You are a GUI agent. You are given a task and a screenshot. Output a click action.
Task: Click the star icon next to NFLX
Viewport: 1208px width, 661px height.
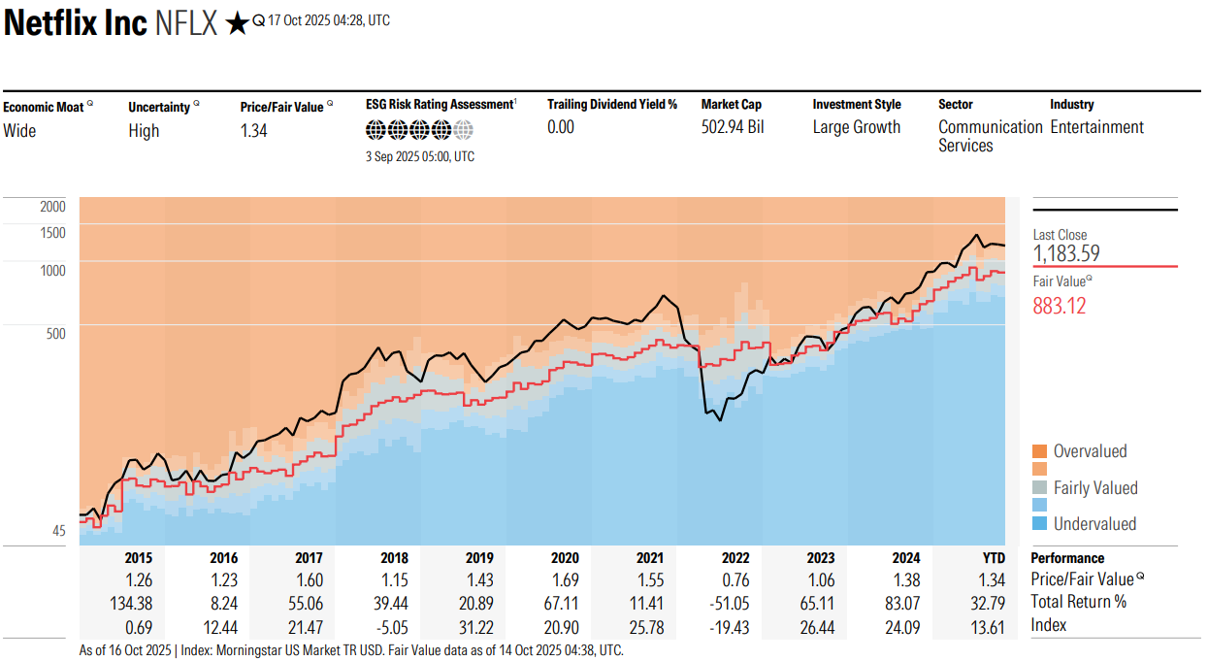tap(236, 23)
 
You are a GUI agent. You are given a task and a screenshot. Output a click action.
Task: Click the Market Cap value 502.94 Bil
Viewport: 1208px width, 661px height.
tap(733, 127)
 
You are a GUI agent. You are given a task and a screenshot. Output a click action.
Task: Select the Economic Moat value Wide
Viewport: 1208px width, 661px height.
tap(19, 131)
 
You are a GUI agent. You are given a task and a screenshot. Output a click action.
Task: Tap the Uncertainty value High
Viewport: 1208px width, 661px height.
tap(144, 131)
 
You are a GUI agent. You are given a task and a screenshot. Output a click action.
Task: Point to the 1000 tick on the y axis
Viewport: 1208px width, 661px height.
tap(52, 270)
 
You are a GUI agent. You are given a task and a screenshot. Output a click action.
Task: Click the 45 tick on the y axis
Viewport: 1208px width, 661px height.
tap(59, 531)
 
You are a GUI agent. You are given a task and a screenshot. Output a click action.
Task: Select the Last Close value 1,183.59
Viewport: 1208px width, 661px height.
tap(1066, 253)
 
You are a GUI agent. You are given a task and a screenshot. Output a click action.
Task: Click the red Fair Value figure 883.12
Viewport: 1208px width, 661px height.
tap(1060, 306)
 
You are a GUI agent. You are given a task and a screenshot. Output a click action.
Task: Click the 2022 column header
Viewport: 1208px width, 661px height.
tap(735, 558)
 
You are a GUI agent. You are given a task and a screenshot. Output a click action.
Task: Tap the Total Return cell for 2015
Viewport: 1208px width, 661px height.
tap(131, 603)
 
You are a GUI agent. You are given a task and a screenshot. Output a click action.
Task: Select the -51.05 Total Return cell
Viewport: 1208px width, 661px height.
tap(729, 603)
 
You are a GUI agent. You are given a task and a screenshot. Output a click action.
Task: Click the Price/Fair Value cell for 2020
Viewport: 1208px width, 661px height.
tap(565, 580)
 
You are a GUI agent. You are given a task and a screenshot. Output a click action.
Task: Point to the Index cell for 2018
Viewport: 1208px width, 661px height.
tap(392, 628)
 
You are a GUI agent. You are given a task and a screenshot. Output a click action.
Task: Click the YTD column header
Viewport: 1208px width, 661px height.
tap(994, 558)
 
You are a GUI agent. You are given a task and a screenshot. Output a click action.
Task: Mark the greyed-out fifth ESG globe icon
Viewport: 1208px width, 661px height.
tap(463, 129)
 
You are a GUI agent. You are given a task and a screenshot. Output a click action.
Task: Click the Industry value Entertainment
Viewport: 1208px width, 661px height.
tap(1097, 127)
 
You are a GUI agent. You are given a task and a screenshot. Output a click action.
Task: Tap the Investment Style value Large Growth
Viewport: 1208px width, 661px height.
tap(857, 127)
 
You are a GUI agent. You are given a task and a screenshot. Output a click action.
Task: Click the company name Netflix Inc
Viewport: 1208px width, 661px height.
tap(75, 23)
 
